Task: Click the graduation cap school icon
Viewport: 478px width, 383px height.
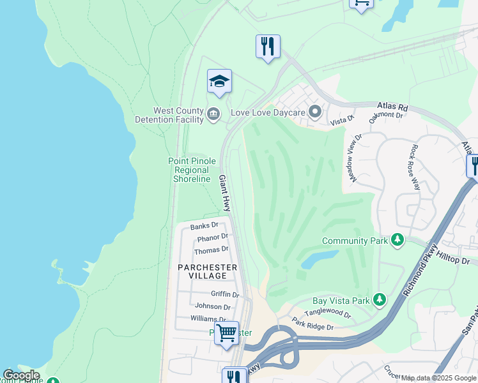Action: [219, 81]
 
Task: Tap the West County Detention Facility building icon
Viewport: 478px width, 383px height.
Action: [213, 115]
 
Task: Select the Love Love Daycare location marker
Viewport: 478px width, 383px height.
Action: [314, 112]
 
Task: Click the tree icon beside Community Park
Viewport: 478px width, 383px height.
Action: [397, 241]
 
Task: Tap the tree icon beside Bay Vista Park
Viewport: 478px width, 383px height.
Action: [380, 299]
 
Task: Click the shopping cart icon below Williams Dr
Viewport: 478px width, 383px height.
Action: [226, 333]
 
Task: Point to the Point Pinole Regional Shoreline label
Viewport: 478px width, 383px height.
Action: [192, 170]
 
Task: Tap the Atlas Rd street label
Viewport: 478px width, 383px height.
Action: [392, 107]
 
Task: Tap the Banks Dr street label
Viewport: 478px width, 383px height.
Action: [204, 227]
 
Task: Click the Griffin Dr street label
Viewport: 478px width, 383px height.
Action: [224, 294]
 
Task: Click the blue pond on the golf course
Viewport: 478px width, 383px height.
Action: [318, 259]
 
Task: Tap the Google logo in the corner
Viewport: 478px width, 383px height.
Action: [21, 375]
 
